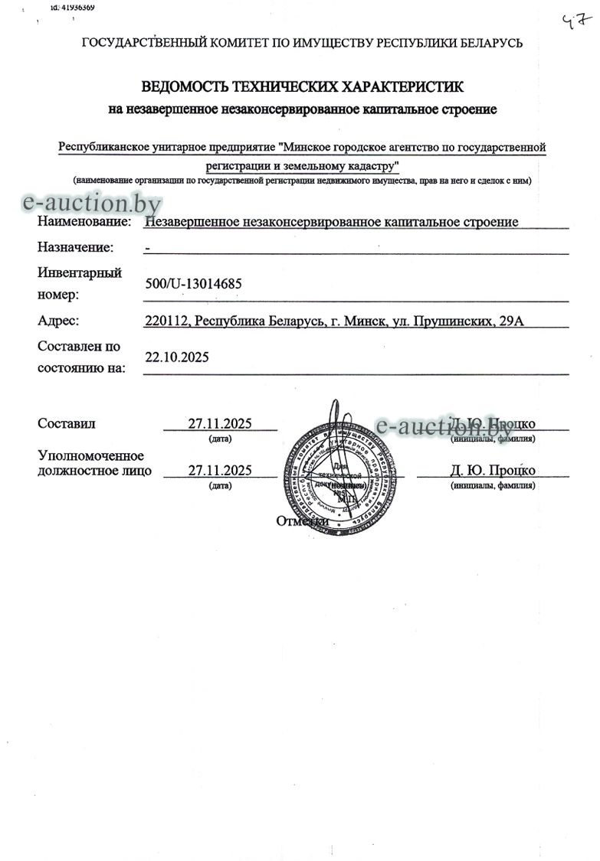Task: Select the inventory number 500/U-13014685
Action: coord(193,284)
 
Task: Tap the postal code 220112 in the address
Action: coord(166,321)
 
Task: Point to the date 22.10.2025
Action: coord(176,357)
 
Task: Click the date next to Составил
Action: coord(220,424)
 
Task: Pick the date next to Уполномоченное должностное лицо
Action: coord(220,470)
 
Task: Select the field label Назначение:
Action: coord(75,247)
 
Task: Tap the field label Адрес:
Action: coord(58,321)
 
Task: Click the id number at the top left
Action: coord(72,7)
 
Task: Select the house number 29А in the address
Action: coord(510,321)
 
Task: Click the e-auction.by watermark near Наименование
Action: coord(92,203)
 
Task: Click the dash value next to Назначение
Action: coord(147,248)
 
